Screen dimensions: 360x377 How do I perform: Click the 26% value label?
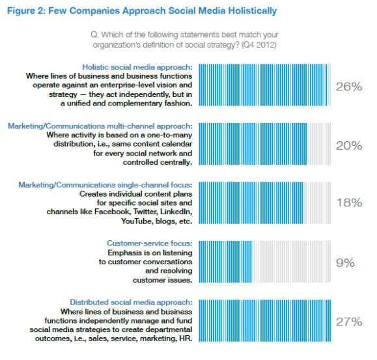tap(348, 86)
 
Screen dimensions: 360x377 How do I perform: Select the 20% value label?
tap(348, 145)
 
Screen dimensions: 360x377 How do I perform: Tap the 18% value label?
tap(348, 203)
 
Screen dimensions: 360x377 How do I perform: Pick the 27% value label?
tap(348, 321)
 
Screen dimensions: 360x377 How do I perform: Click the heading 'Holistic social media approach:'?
tap(137, 66)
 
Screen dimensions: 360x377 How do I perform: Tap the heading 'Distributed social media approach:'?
tap(131, 302)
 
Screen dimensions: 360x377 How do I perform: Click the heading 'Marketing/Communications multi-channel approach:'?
tap(100, 126)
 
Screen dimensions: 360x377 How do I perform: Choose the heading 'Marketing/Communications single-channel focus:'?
tap(105, 185)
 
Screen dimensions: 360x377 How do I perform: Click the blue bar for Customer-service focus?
tap(224, 262)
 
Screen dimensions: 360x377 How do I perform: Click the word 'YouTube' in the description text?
tap(138, 222)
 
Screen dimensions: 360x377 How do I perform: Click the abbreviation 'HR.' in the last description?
tap(185, 339)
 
